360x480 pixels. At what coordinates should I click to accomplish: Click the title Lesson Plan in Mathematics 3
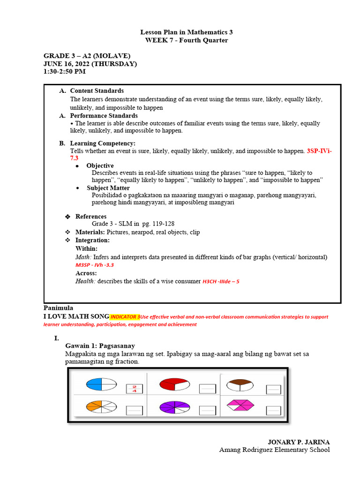coord(186,32)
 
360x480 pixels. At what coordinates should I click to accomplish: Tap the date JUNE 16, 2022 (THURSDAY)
coord(90,64)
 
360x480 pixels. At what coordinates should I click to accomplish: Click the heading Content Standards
coord(97,90)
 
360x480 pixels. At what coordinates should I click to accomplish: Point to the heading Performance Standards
coord(104,115)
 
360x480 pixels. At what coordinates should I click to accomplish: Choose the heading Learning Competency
coord(103,143)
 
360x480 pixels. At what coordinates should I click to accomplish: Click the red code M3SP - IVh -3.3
coord(95,265)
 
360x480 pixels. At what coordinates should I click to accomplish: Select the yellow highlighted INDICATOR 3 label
coord(125,317)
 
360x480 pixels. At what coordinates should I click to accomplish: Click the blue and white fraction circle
coord(101,385)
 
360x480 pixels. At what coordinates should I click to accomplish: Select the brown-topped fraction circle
coord(240,385)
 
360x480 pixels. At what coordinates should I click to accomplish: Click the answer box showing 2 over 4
coord(134,389)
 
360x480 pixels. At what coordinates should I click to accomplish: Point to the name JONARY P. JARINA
coord(299,442)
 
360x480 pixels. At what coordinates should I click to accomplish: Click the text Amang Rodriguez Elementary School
coord(274,450)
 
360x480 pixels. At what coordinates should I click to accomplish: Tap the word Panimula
coord(59,308)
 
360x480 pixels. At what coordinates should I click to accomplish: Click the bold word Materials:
coord(90,232)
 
